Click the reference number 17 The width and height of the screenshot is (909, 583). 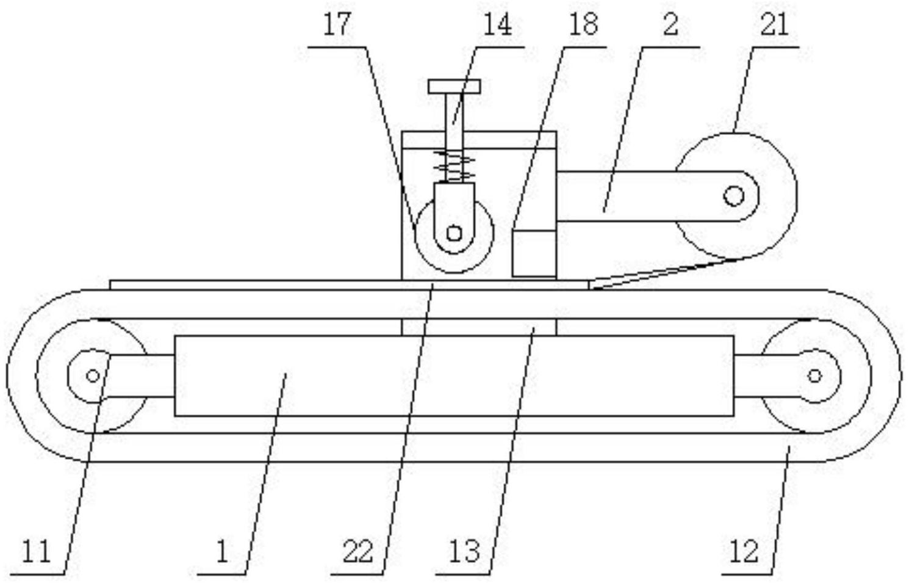[337, 25]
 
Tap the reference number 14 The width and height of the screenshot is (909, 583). [498, 25]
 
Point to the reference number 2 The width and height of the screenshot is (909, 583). [670, 25]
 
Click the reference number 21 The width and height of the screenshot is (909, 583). [774, 25]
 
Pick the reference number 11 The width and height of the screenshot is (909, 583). [36, 552]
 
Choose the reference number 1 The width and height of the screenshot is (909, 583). [222, 552]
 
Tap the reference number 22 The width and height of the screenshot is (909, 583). [357, 552]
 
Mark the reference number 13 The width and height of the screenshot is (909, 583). [465, 552]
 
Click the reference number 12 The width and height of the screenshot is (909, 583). [744, 552]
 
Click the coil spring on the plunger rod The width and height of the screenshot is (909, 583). [454, 165]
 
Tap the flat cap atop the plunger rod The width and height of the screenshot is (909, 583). [454, 86]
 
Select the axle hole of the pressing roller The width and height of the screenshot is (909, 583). [453, 233]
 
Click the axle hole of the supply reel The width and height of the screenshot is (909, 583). [733, 196]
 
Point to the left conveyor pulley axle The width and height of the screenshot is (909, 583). [93, 375]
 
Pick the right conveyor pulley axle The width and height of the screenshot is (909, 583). [814, 375]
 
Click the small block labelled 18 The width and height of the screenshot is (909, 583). [534, 253]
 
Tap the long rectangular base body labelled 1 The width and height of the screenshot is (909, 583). [454, 375]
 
